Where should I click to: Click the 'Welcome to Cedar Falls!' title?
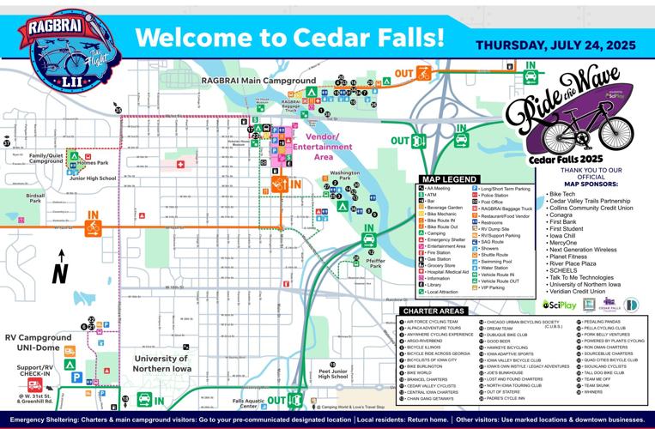click(x=289, y=38)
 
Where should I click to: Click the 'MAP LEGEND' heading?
click(x=447, y=179)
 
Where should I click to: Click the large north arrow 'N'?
click(x=59, y=273)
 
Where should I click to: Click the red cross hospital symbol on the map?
click(x=180, y=164)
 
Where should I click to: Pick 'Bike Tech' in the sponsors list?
click(x=564, y=195)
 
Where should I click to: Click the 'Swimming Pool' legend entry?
click(x=501, y=261)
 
